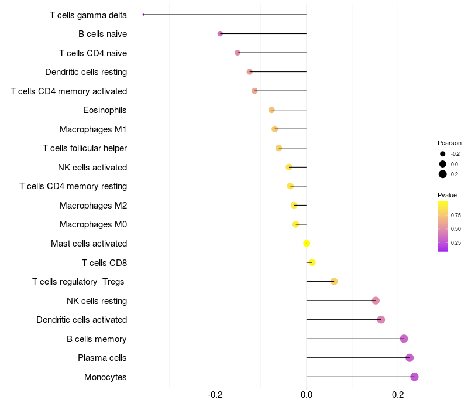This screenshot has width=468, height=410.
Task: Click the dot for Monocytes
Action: point(414,377)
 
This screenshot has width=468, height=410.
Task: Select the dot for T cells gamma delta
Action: point(143,15)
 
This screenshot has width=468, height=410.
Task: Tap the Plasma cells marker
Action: point(409,358)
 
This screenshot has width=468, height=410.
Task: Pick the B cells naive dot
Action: point(220,34)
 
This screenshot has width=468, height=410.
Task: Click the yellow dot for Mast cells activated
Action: point(307,244)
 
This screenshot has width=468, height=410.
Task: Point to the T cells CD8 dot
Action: point(312,262)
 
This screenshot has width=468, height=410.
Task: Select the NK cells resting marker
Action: point(376,300)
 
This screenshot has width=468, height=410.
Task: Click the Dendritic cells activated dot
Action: point(381,320)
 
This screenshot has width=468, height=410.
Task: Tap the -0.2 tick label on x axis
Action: point(215,395)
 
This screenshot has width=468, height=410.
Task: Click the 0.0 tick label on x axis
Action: point(307,395)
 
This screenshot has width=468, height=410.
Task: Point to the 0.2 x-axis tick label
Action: point(398,395)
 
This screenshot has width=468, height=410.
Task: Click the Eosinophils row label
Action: point(105,110)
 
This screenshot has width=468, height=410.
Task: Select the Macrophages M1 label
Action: point(93,129)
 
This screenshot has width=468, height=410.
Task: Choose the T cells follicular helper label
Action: point(85,148)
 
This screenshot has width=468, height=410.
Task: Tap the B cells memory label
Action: point(97,339)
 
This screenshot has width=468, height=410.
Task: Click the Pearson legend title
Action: point(449,143)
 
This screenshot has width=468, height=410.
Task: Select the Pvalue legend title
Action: point(447,195)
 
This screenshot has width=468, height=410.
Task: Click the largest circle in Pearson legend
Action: point(443,174)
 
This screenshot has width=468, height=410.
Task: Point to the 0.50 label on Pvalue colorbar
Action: point(456,229)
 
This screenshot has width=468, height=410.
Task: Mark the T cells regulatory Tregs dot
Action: point(334,282)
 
